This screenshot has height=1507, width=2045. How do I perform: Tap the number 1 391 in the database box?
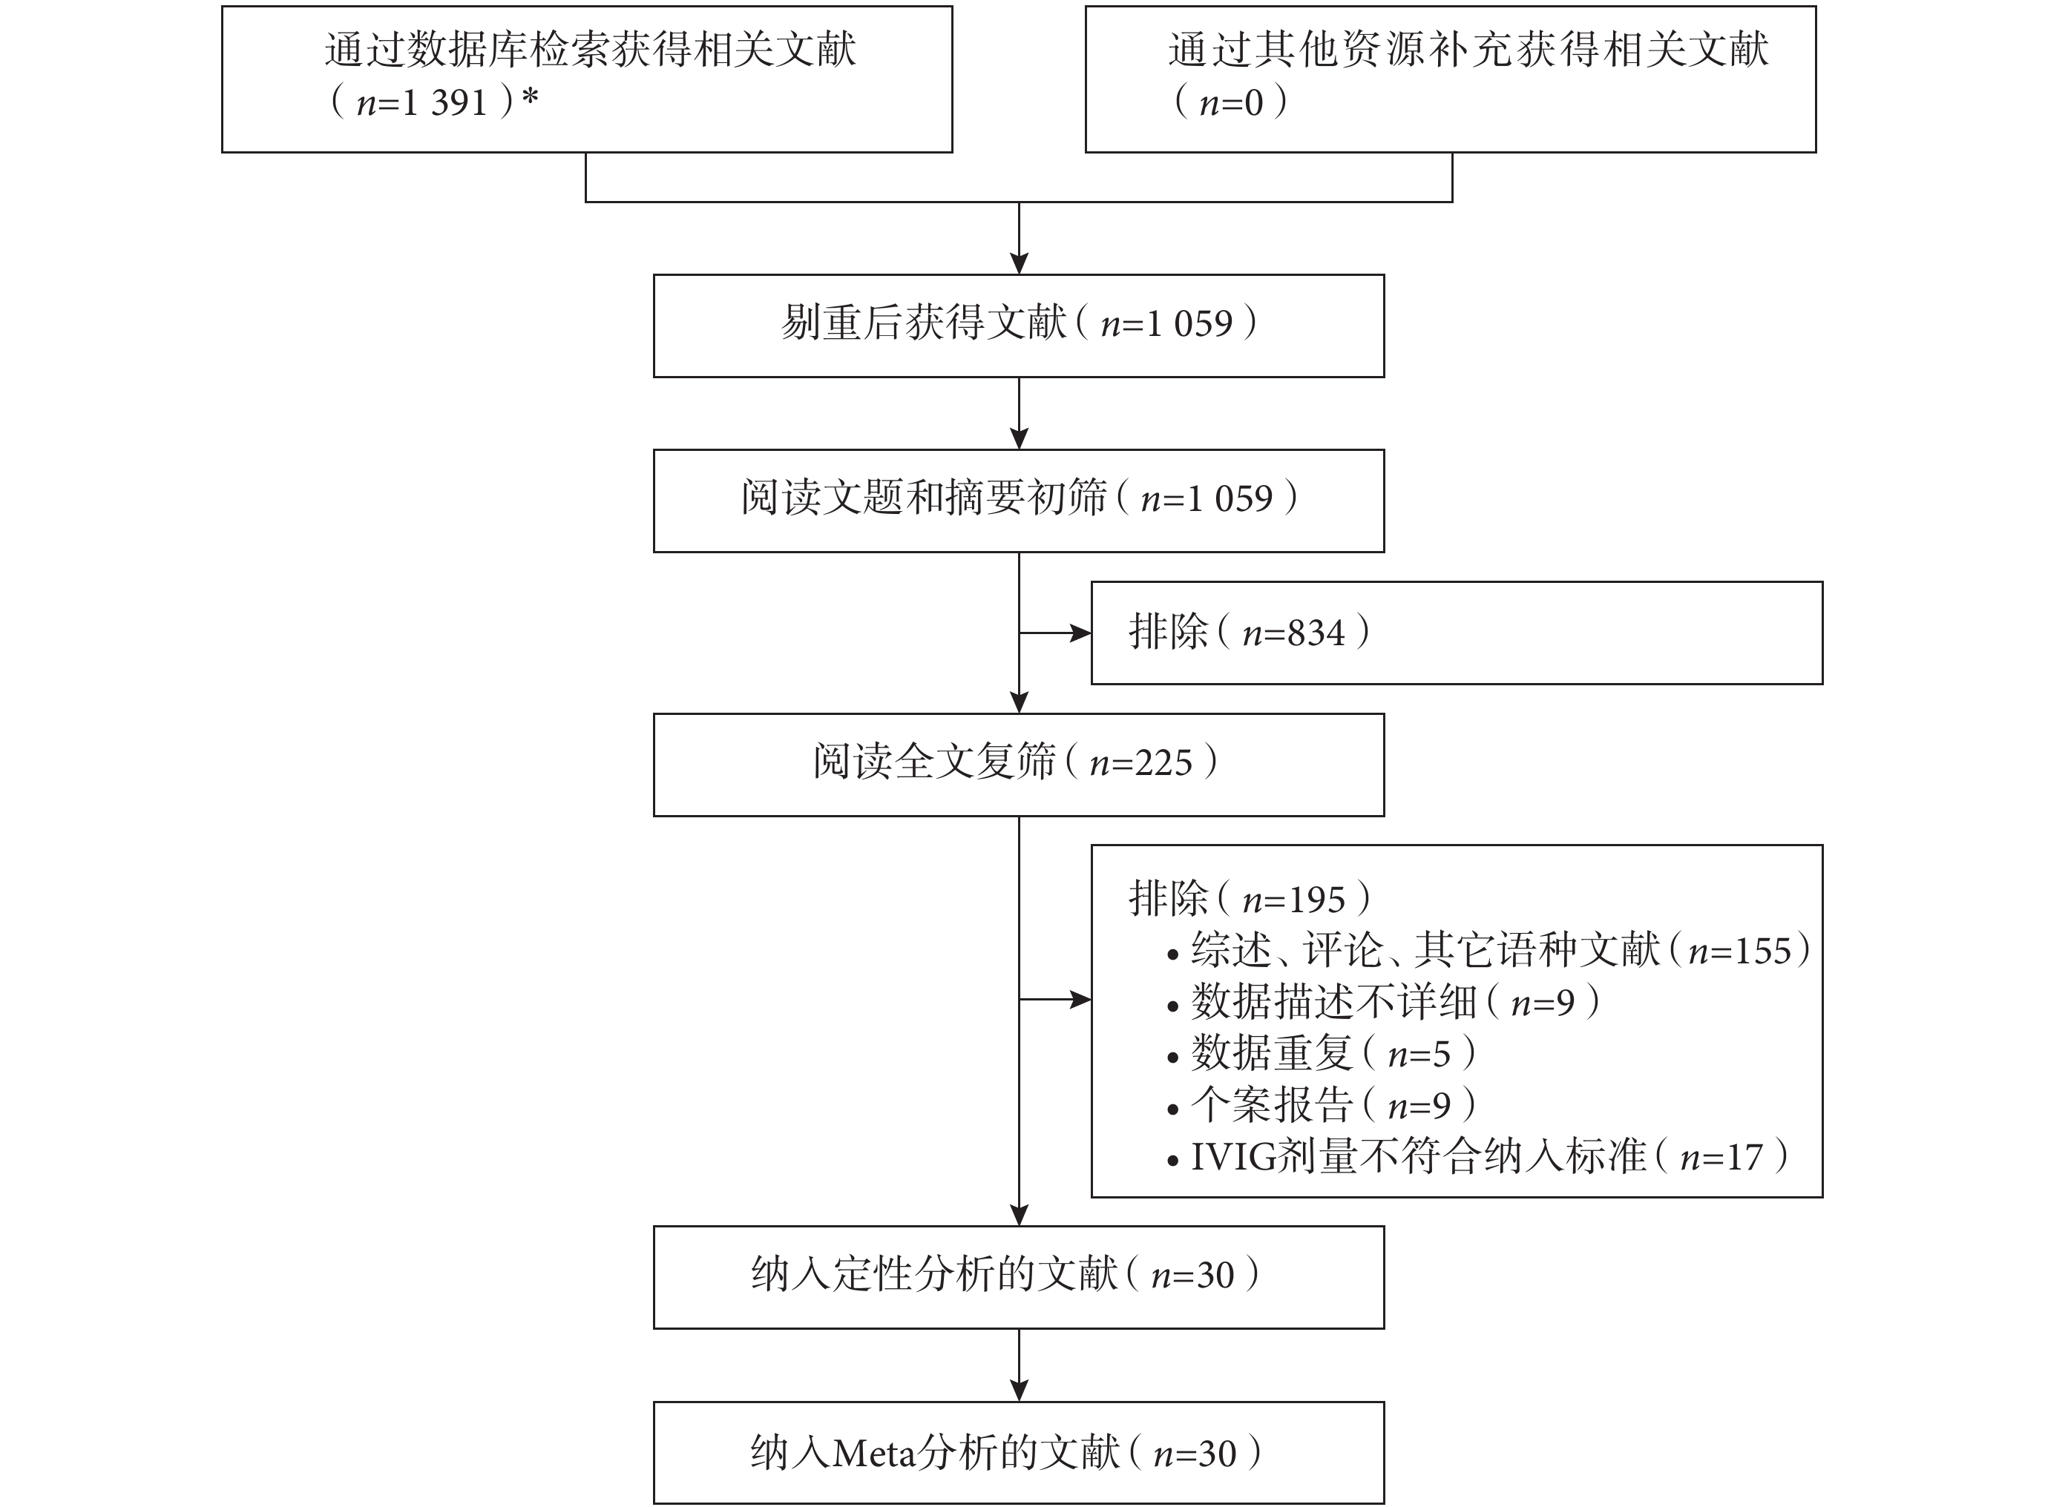[x=444, y=102]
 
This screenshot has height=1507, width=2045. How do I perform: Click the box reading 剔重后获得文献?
[x=1018, y=326]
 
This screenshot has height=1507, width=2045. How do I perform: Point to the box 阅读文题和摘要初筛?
[x=1018, y=501]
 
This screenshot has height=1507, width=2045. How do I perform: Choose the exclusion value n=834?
[x=1293, y=632]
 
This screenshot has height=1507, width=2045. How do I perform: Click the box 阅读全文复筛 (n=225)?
[x=1018, y=765]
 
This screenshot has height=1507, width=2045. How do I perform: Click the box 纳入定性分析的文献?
[x=1018, y=1277]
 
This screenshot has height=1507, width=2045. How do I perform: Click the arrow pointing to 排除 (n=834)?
[x=1055, y=632]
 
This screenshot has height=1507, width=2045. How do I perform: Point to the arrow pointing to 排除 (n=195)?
[x=1055, y=1000]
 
